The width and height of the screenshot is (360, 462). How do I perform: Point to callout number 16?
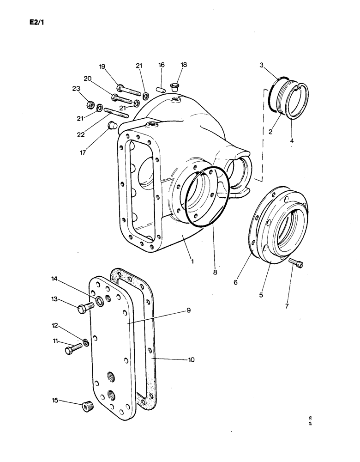click(162, 66)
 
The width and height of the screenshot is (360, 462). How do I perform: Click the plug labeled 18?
click(176, 86)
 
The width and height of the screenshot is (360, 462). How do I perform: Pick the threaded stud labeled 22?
click(115, 112)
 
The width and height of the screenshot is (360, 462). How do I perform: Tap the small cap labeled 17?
click(111, 125)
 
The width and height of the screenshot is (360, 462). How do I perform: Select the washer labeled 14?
click(99, 304)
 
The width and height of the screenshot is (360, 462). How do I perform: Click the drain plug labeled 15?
click(85, 406)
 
